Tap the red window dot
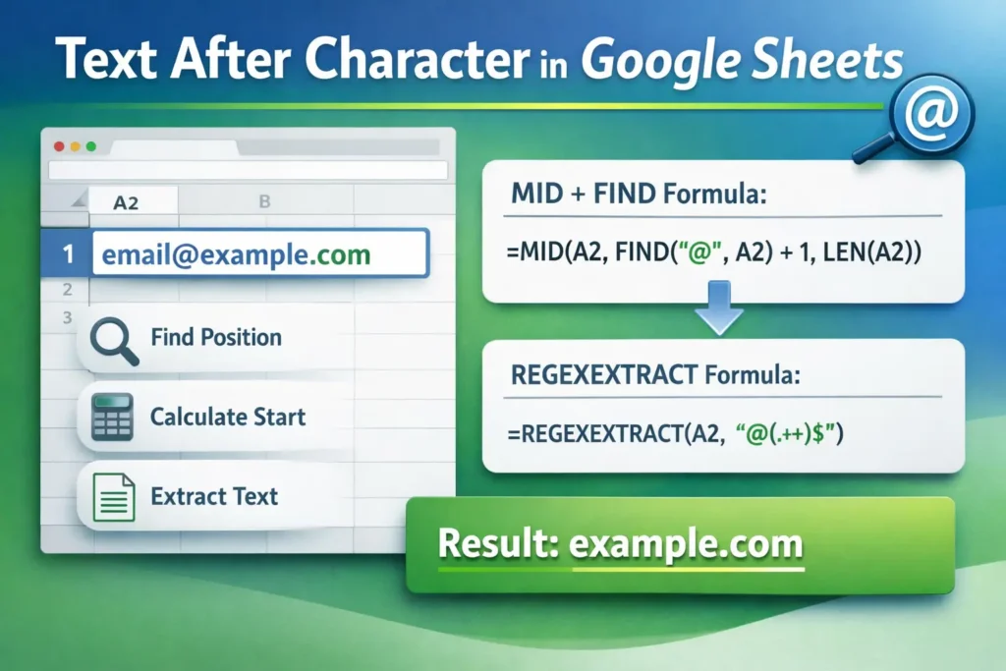point(59,146)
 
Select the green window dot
point(90,146)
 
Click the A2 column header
point(126,202)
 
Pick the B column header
point(264,201)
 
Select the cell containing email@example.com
point(259,255)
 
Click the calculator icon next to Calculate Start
point(112,417)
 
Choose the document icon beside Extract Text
point(112,496)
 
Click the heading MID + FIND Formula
point(638,195)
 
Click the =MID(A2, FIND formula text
point(714,253)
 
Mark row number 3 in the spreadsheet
point(67,317)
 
